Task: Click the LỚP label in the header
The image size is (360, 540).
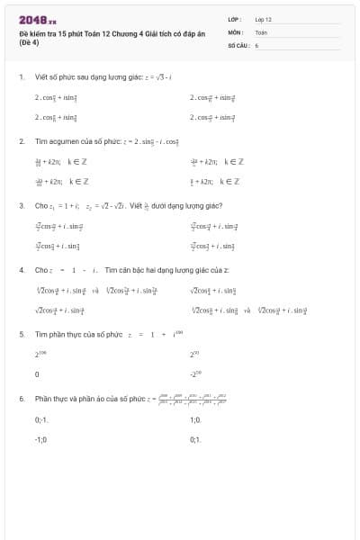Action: click(233, 19)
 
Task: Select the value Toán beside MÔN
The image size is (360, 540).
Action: click(261, 31)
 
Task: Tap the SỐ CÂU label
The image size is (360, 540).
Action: click(237, 44)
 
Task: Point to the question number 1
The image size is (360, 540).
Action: click(21, 77)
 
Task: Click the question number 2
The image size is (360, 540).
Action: click(21, 141)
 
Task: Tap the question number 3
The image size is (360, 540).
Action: click(21, 205)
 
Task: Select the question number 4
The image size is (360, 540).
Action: click(21, 269)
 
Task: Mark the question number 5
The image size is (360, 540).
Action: click(21, 334)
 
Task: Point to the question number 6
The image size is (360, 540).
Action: click(21, 398)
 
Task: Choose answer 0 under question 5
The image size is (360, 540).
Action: click(36, 373)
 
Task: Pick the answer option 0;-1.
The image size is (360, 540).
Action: click(40, 419)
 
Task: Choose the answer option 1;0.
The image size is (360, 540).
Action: click(195, 419)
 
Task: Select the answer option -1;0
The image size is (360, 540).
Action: click(40, 438)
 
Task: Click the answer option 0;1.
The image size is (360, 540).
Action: click(195, 438)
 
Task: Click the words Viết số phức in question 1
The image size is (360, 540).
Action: click(55, 77)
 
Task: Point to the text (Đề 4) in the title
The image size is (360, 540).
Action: click(29, 41)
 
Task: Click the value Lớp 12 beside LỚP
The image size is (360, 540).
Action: click(263, 19)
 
